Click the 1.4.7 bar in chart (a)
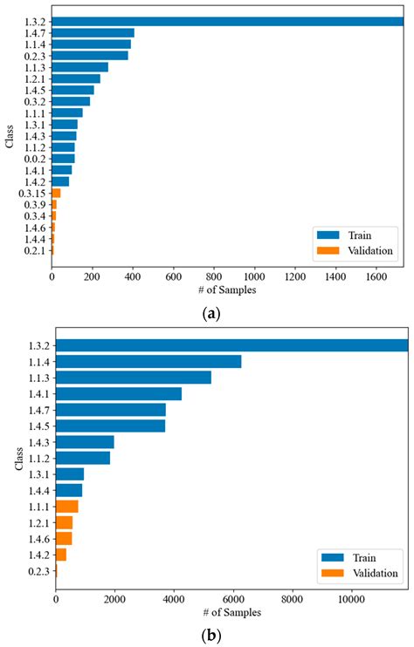tap(93, 33)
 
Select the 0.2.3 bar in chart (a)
tap(90, 55)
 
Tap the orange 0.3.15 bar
tap(56, 193)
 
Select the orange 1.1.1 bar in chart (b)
tap(67, 506)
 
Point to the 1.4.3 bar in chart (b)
tap(85, 442)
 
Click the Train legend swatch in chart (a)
tap(329, 235)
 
